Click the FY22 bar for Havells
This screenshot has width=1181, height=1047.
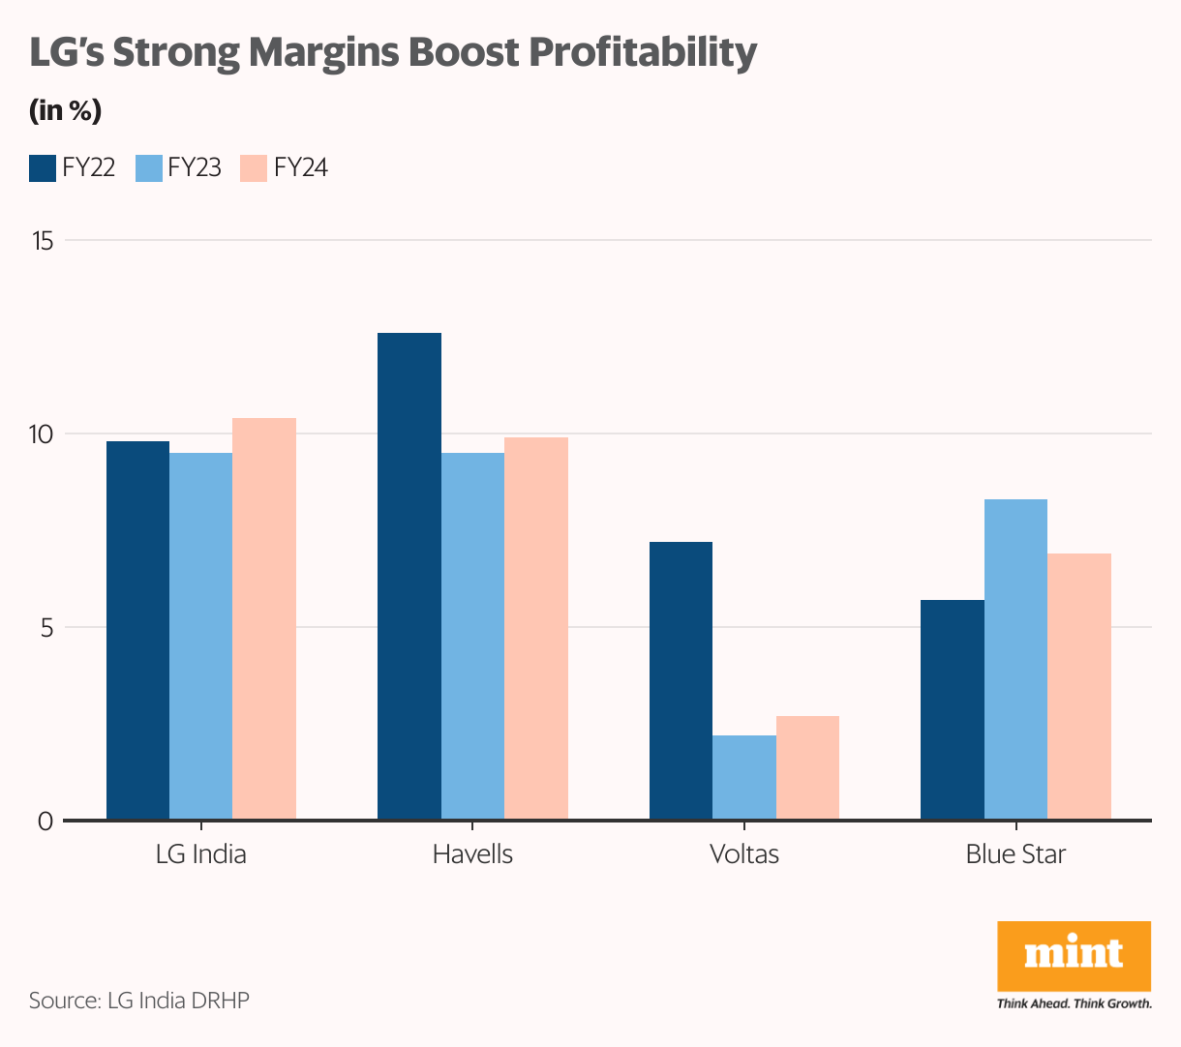click(x=409, y=577)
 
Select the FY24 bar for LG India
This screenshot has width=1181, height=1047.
click(x=264, y=619)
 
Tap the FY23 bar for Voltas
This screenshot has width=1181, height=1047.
click(x=744, y=778)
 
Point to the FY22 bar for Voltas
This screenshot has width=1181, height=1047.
click(x=681, y=681)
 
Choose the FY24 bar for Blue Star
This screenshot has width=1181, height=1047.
click(x=1079, y=687)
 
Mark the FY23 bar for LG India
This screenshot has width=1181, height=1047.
click(x=200, y=637)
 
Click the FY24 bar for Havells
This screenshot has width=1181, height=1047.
click(x=536, y=629)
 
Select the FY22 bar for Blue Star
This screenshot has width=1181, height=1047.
click(x=953, y=710)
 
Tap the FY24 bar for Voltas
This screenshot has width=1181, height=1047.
click(x=807, y=768)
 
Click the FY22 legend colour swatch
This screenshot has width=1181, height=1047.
click(x=43, y=168)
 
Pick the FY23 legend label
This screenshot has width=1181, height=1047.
click(x=195, y=168)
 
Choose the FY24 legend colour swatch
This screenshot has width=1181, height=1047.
click(x=253, y=168)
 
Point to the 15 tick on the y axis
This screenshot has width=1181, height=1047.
click(x=43, y=241)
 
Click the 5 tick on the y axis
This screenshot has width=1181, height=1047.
click(x=45, y=627)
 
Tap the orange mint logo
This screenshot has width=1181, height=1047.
click(x=1074, y=956)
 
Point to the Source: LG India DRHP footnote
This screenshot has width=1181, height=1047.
click(x=139, y=1001)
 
